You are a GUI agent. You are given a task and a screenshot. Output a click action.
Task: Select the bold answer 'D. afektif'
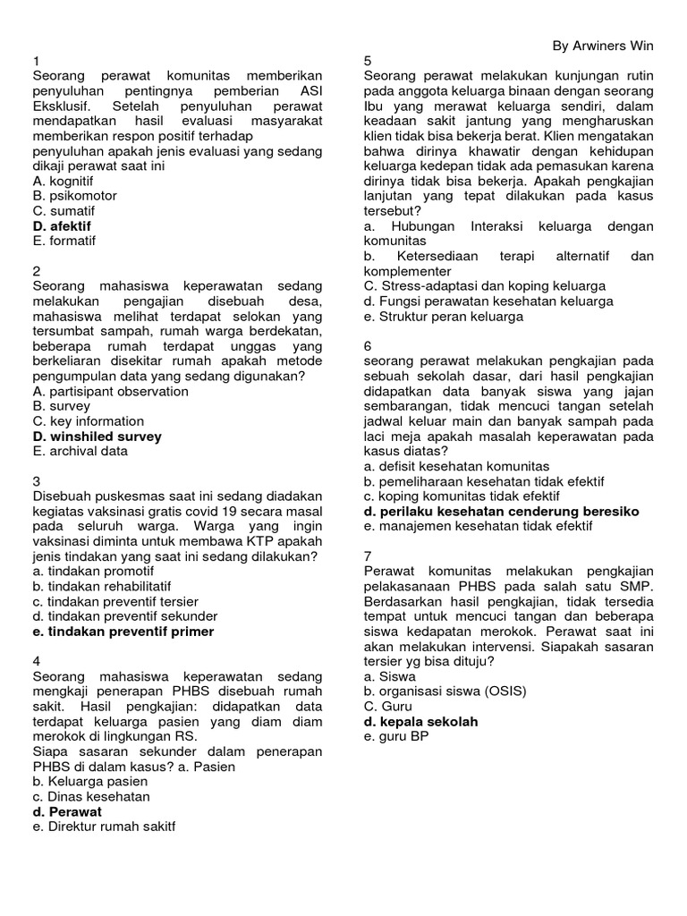point(62,226)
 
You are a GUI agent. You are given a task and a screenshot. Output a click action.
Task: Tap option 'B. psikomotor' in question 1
point(74,196)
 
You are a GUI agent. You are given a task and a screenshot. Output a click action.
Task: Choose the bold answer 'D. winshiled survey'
point(97,437)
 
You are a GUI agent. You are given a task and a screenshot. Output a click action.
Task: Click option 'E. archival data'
point(80,452)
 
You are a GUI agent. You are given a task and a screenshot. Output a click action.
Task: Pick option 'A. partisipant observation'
point(110,391)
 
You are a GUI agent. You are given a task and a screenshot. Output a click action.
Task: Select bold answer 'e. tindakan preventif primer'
point(123,632)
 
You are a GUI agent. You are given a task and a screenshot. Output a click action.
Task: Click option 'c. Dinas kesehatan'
point(91,796)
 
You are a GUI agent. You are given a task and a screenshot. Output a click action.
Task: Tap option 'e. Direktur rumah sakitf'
point(104,827)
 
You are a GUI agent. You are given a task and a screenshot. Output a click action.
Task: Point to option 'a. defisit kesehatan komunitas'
point(457,466)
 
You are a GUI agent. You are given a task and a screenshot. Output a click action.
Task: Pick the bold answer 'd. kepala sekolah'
point(420,721)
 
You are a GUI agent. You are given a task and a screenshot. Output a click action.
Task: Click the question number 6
point(368,346)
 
